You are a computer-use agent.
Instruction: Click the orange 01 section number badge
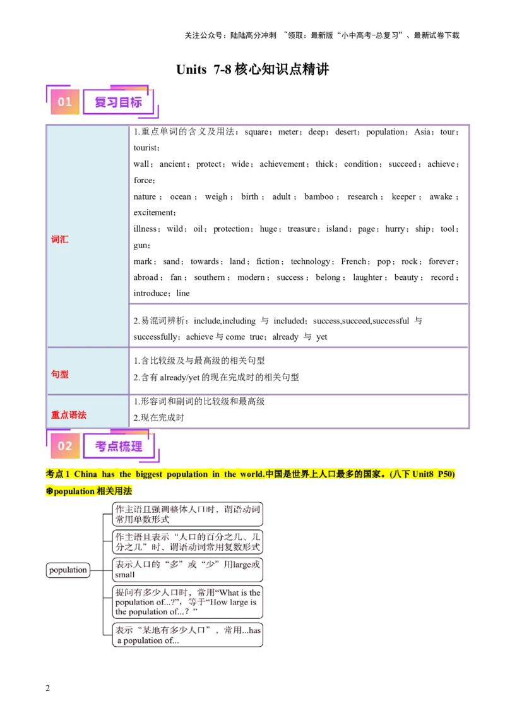[x=65, y=102]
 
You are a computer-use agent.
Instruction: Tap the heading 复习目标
[x=118, y=102]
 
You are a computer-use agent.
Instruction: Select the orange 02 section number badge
[x=65, y=446]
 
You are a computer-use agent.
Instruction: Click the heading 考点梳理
[x=118, y=446]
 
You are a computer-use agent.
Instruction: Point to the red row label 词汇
[x=60, y=240]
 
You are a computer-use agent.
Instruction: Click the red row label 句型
[x=60, y=374]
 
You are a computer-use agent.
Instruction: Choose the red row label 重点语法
[x=69, y=415]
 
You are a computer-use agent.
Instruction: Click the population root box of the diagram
[x=68, y=570]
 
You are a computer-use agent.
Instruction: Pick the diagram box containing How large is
[x=187, y=601]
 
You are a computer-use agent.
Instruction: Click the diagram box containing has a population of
[x=187, y=635]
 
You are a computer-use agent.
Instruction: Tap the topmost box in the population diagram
[x=187, y=514]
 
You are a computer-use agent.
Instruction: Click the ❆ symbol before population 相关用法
[x=49, y=491]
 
